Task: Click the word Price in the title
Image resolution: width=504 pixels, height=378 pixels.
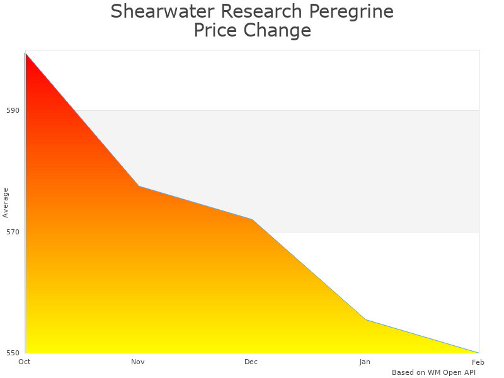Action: (219, 30)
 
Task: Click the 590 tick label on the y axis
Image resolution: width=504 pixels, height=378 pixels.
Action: (13, 110)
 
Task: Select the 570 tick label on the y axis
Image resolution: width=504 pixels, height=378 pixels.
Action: (13, 232)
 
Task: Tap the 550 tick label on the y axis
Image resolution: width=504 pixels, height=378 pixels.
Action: (13, 353)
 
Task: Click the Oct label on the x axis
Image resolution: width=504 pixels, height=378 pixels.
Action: (25, 362)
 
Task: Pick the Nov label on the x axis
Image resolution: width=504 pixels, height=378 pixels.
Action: (138, 362)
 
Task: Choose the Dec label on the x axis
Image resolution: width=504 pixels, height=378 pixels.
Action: (251, 362)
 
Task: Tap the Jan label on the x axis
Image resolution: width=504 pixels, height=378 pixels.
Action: (365, 362)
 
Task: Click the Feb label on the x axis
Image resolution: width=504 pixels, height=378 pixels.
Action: (478, 362)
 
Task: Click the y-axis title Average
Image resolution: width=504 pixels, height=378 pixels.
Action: (6, 202)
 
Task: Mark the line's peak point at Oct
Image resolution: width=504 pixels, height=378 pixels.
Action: (25, 54)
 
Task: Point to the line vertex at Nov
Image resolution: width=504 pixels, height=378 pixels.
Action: (139, 186)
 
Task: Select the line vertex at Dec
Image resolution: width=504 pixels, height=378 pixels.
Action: (252, 219)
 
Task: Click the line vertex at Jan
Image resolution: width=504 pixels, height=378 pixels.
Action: (365, 319)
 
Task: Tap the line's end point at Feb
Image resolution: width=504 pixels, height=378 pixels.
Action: (478, 352)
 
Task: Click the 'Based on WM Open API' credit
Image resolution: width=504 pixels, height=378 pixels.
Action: (433, 372)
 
